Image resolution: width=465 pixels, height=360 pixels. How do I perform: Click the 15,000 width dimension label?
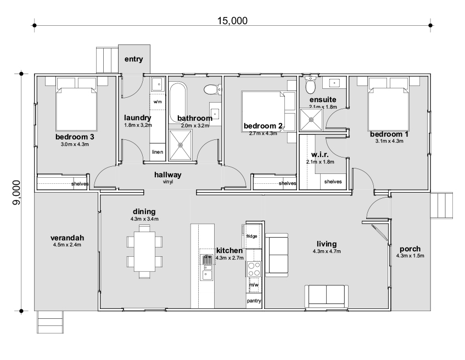232,21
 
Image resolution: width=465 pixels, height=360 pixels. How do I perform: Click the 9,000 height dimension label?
16,193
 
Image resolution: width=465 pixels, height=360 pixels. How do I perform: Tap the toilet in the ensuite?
311,85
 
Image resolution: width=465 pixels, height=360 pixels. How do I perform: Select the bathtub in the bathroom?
178,103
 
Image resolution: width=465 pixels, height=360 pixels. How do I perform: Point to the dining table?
144,251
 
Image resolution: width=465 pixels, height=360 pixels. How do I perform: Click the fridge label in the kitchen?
252,237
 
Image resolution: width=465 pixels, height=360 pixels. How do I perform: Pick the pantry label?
254,301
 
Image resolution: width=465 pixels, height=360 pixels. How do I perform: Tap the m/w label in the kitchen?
254,285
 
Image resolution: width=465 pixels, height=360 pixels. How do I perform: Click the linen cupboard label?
158,152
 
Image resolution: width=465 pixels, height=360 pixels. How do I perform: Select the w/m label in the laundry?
158,102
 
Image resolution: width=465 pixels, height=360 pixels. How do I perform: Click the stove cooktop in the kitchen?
254,269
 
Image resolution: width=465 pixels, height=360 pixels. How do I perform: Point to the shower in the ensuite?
311,120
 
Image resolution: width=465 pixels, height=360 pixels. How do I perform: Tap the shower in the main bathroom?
180,145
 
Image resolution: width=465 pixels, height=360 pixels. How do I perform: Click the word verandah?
68,238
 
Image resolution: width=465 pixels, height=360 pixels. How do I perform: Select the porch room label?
410,249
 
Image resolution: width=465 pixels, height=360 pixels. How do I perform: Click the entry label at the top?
134,59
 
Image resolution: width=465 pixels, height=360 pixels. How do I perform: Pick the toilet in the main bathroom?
213,89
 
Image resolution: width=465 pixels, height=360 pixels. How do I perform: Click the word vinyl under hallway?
168,182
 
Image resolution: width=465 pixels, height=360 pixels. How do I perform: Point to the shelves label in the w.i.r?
333,182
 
